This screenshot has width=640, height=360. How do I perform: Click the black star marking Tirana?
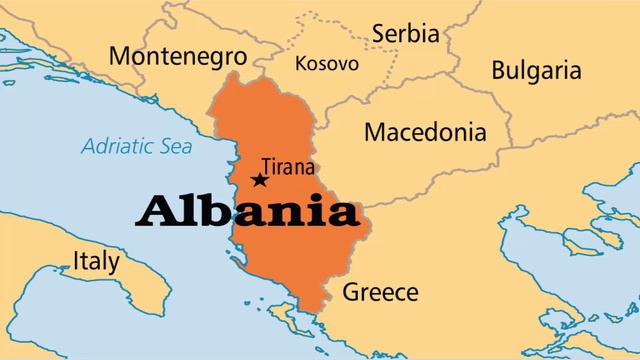coord(260,180)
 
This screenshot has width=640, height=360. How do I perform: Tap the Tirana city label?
coord(287,166)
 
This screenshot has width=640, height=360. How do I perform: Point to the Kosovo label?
coord(327,63)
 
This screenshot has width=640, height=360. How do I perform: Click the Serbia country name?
coord(405,33)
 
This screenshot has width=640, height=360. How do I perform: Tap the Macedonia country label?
coord(425,131)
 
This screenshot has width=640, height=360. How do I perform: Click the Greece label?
coord(380,292)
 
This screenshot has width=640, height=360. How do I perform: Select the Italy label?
coord(96,262)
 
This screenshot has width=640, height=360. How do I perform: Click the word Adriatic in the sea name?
coord(118,146)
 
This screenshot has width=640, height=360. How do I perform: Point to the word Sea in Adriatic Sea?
coord(177,146)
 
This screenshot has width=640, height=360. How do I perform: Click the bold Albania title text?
coord(248,212)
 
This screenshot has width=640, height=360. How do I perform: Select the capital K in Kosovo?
coord(301,63)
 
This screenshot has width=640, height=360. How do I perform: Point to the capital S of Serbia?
coord(379,33)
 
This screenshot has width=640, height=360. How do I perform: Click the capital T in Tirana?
coord(266,166)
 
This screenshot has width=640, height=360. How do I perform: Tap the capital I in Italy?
coord(76,262)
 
